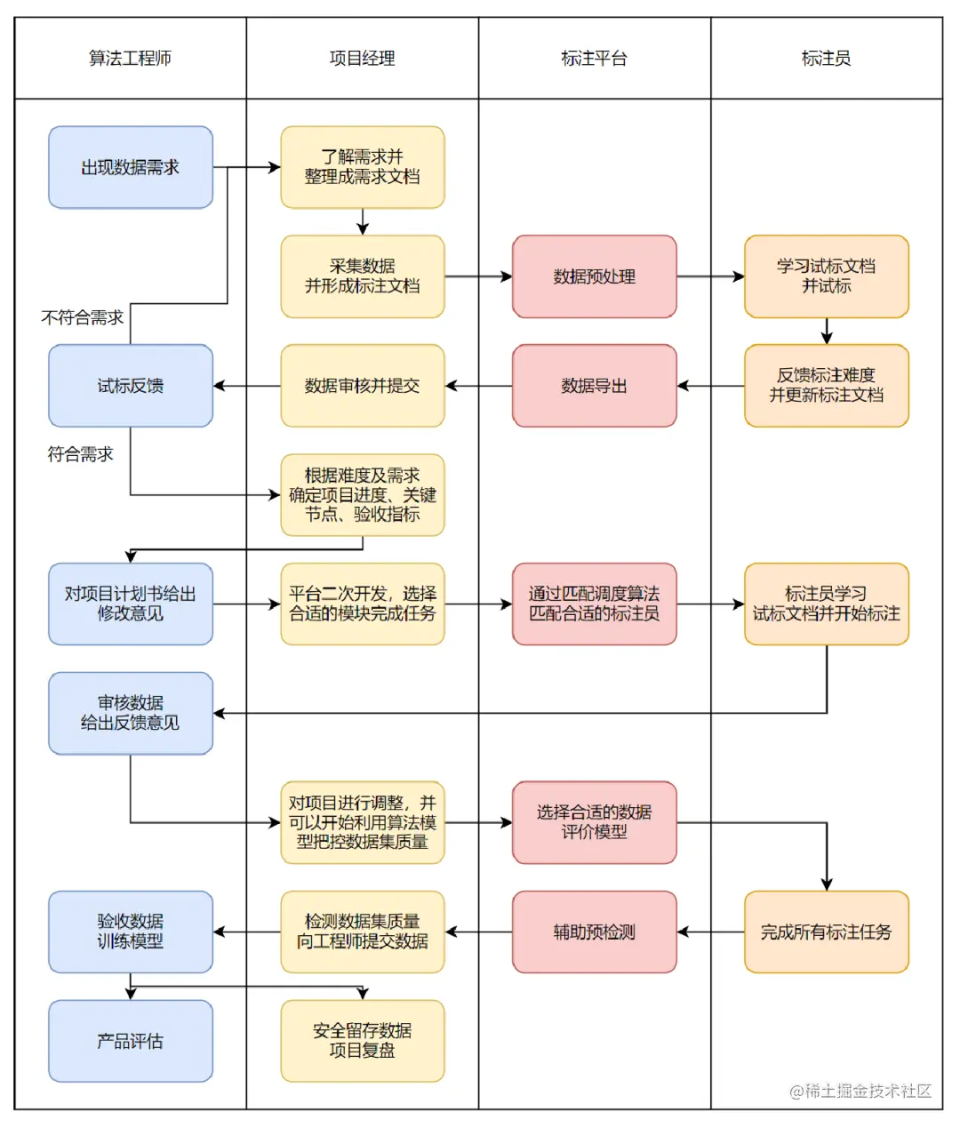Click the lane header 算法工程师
point(130,59)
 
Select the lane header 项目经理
point(362,59)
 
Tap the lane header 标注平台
point(594,59)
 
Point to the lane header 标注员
point(826,59)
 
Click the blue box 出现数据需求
point(131,167)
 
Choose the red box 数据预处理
point(594,276)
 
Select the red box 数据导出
point(594,386)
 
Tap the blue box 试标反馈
point(131,386)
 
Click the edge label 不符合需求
point(82,317)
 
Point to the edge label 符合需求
point(80,454)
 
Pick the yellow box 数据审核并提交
point(362,386)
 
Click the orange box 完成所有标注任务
point(826,932)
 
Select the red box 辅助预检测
point(594,932)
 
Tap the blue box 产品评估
point(131,1041)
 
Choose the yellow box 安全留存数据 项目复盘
point(362,1041)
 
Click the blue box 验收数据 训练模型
point(131,932)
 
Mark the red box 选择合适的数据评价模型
point(594,822)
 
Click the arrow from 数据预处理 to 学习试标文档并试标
point(710,276)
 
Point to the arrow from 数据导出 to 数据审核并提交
point(478,386)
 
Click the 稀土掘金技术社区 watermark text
point(860,1091)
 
